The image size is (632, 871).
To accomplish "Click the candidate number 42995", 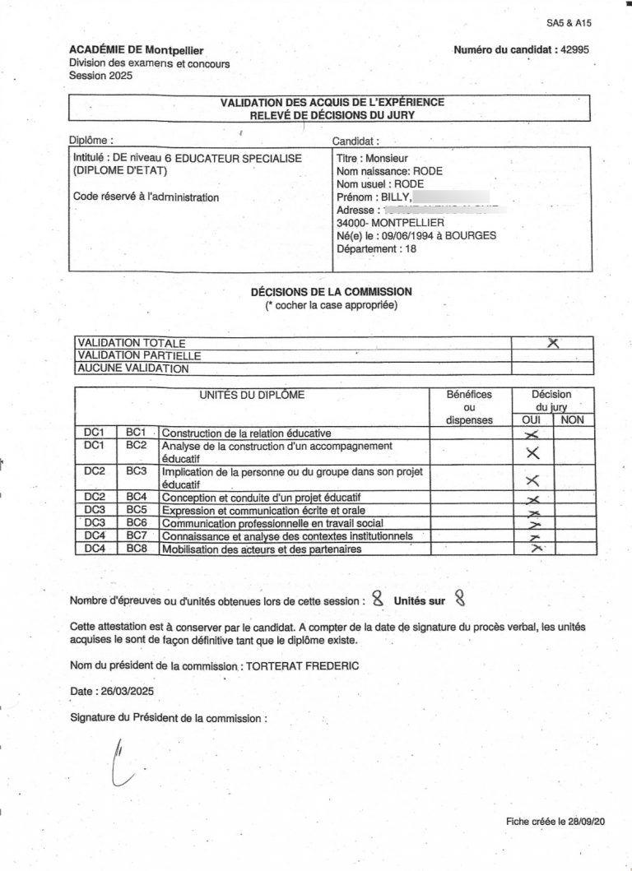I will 574,50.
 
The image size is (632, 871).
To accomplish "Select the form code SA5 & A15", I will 569,23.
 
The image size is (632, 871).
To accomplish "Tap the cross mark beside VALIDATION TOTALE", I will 553,343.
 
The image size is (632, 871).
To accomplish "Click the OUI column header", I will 532,419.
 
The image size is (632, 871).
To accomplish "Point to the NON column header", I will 572,419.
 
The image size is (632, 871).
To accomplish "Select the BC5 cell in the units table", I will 136,510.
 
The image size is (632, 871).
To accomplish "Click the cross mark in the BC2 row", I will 532,452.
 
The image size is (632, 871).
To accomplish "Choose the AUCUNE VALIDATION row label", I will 132,369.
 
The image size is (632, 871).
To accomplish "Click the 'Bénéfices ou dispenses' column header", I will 469,407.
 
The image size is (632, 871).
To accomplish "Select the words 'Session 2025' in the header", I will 100,76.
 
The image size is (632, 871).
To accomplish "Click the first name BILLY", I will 393,197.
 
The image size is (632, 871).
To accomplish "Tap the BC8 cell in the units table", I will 136,549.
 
